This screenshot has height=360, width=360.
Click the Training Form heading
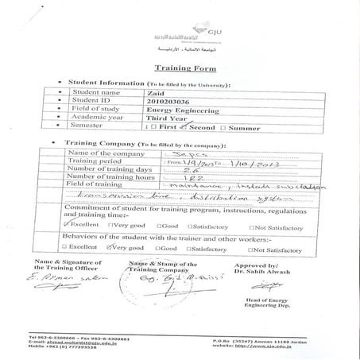pos(180,69)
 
